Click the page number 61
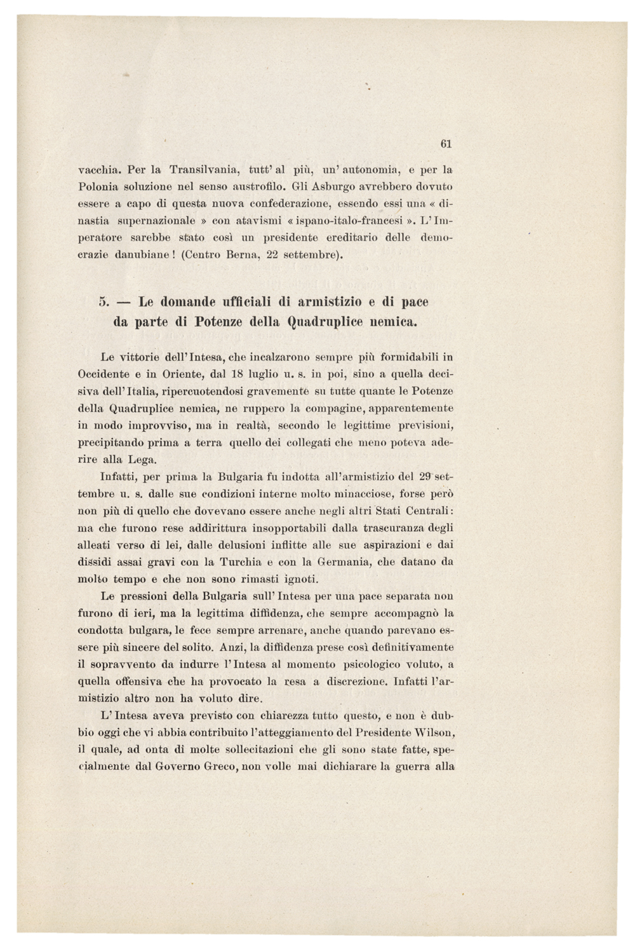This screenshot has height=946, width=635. tap(445, 144)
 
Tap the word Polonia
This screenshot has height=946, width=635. tap(95, 188)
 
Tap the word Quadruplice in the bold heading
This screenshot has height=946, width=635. tap(326, 321)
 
